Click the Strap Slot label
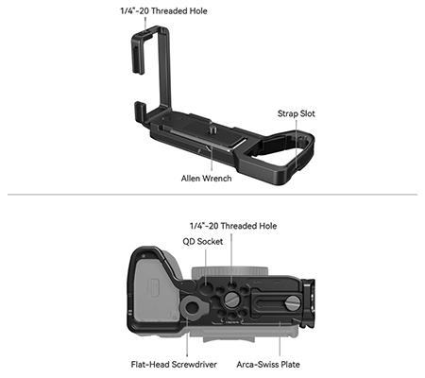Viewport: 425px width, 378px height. point(296,113)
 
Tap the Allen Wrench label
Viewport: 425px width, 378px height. point(206,179)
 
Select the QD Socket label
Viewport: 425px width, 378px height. point(203,242)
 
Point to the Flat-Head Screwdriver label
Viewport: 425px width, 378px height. point(174,365)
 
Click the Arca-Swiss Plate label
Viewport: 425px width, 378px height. point(268,365)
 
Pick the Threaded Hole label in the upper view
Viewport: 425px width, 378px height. point(163,11)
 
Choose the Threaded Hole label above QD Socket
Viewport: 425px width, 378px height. point(233,226)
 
